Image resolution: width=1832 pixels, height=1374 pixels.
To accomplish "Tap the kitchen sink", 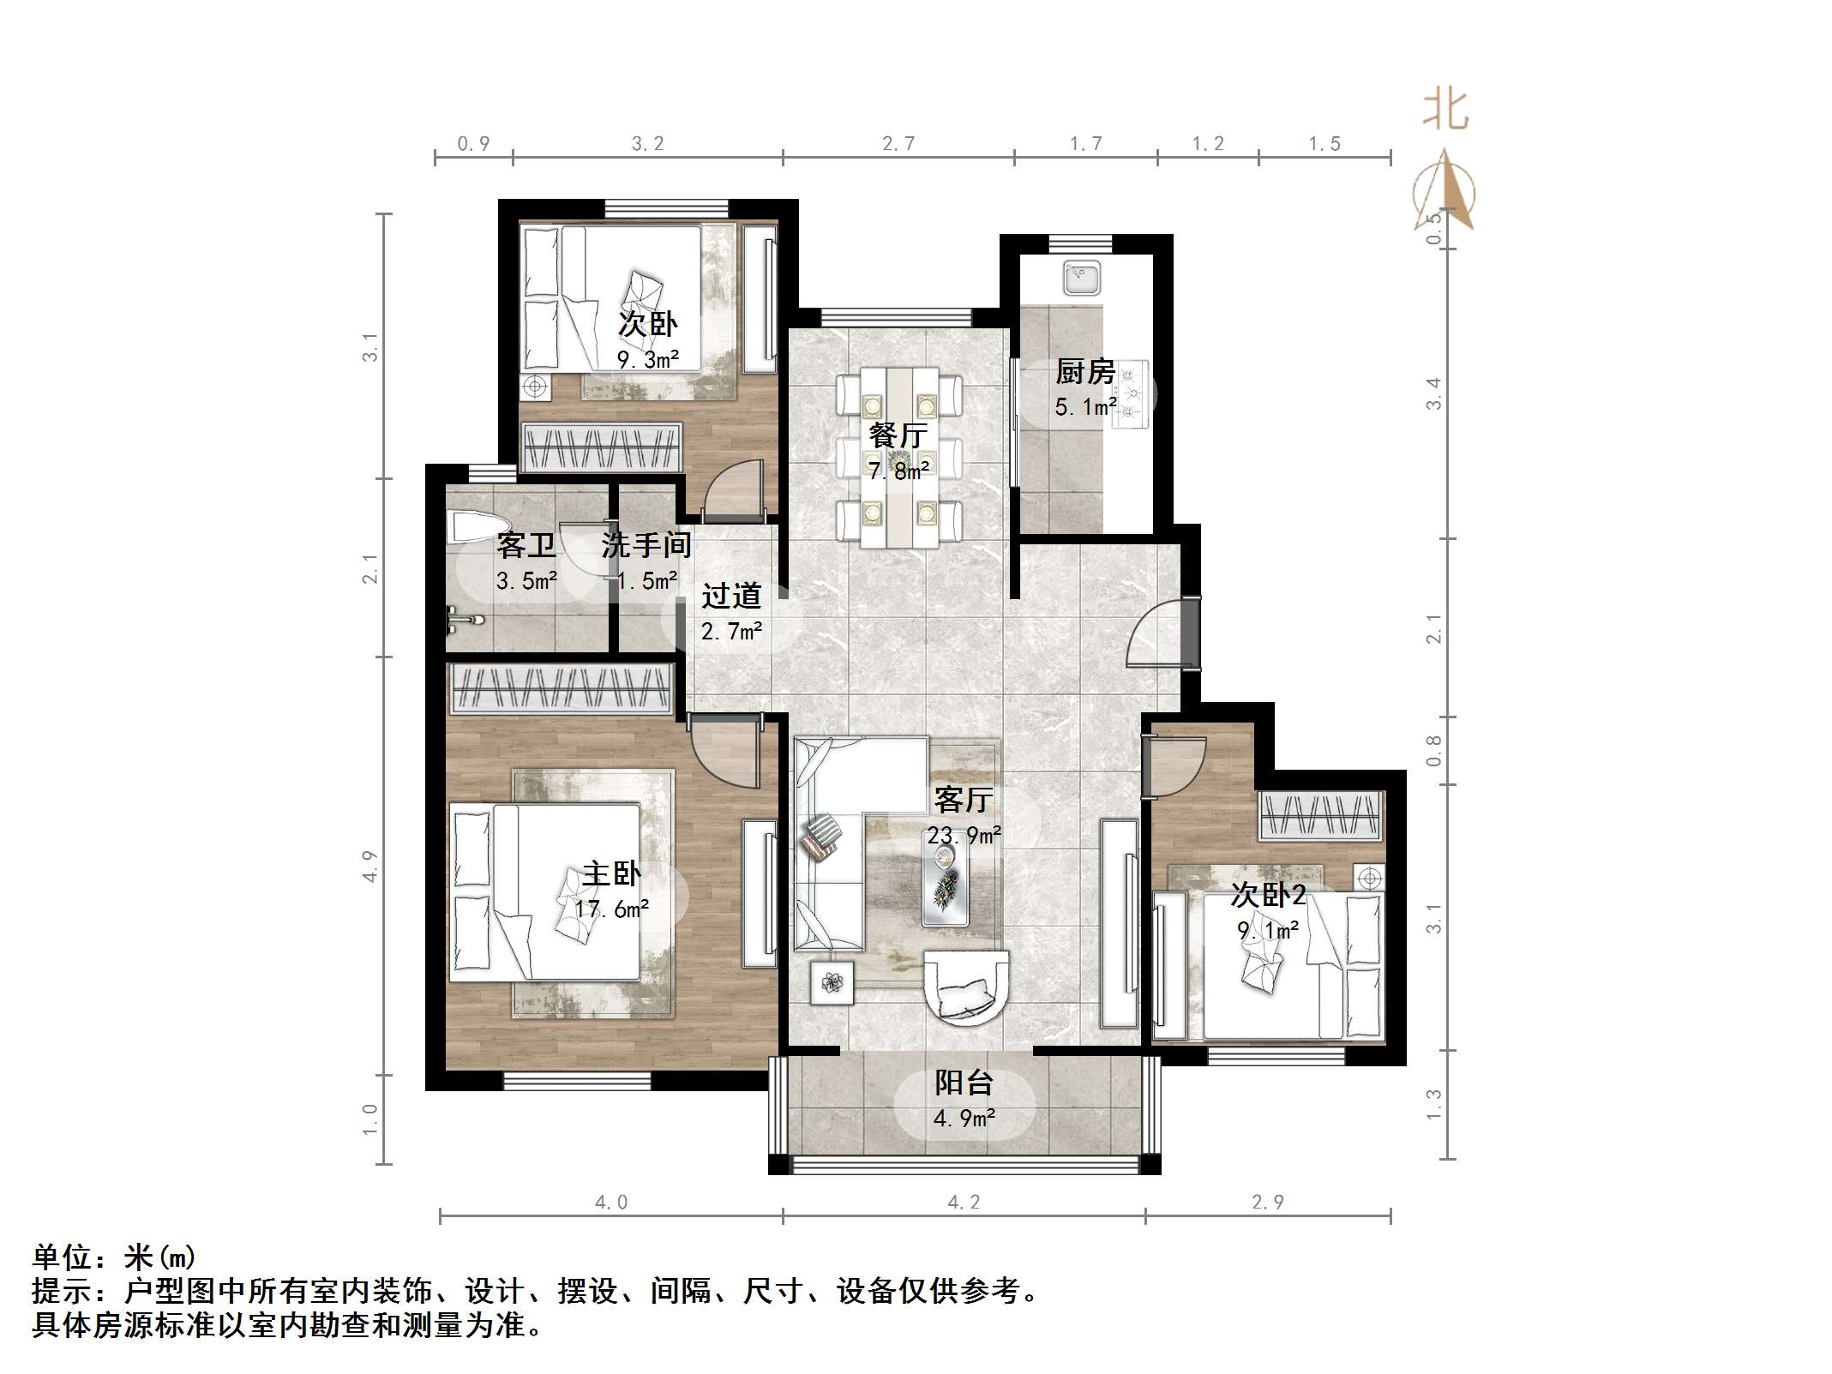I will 1082,278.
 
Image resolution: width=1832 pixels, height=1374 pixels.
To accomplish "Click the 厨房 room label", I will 1084,372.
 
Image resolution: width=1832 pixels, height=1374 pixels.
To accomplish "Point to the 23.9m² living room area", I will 964,835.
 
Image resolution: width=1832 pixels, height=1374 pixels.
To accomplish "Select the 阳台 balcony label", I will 964,1083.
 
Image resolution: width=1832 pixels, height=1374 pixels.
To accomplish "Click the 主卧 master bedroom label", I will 611,874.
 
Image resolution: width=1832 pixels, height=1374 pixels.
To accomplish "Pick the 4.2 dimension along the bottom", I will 964,1203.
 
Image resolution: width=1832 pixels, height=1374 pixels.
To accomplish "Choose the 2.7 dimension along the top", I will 898,144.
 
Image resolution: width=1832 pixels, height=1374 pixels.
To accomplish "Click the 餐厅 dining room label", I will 898,435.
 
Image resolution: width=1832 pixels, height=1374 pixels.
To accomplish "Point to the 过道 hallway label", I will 731,596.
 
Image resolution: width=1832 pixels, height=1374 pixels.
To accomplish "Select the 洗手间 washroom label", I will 646,545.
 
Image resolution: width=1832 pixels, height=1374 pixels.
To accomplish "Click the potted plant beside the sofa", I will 832,982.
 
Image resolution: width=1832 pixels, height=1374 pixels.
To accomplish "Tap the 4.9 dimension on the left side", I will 369,866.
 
